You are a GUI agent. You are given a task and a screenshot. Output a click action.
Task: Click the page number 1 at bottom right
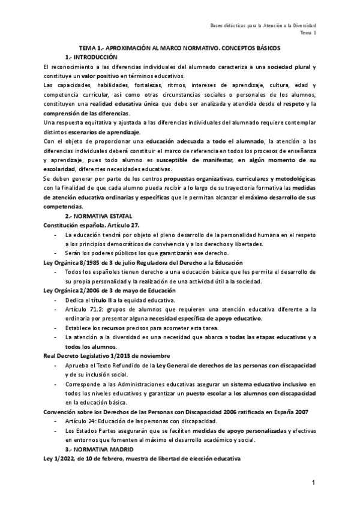(x=313, y=483)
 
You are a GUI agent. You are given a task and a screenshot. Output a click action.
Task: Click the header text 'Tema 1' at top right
(x=308, y=34)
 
